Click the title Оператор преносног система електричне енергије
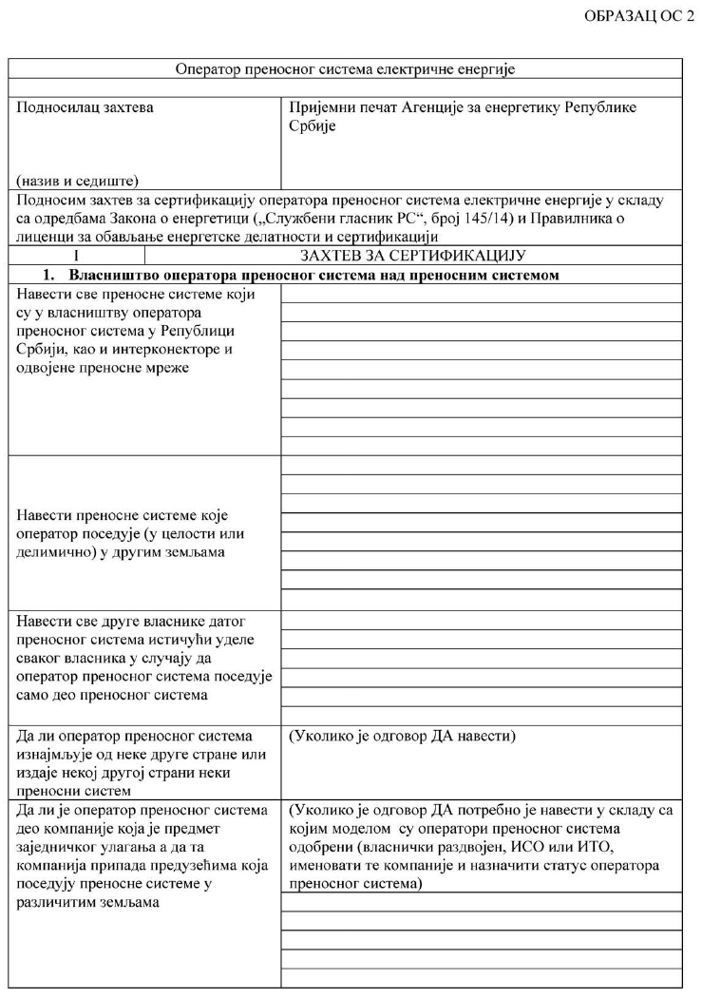pos(346,68)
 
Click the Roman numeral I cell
pos(75,255)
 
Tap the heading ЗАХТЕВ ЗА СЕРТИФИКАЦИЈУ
pos(413,255)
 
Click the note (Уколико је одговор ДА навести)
pos(400,737)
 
